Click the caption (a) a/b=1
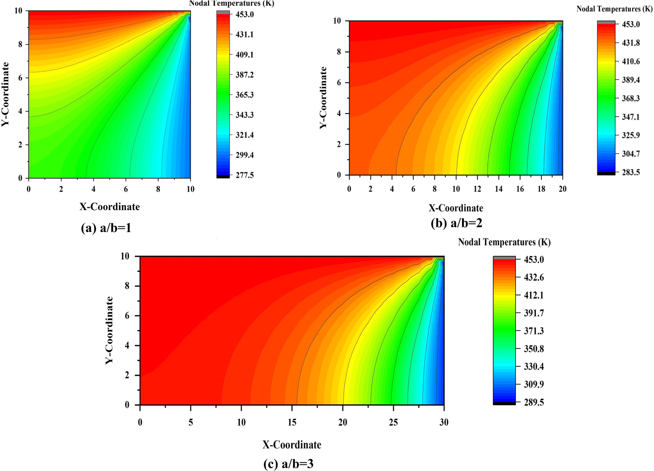pos(106,228)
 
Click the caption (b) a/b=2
pos(456,223)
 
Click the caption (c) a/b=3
pos(288,464)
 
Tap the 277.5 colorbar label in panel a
pos(245,175)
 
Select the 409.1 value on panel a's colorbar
pos(245,54)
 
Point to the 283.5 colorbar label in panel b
pos(631,173)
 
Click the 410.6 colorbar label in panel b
pos(631,61)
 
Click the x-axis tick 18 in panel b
pos(541,189)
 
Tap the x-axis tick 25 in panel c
pos(393,422)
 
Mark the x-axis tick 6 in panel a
pos(126,189)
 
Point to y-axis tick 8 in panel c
pos(127,286)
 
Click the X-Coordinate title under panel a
pos(110,207)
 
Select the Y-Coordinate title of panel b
pos(323,98)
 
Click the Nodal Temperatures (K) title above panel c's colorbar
pos(504,242)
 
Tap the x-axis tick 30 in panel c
pos(444,422)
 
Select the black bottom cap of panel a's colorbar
pos(223,177)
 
